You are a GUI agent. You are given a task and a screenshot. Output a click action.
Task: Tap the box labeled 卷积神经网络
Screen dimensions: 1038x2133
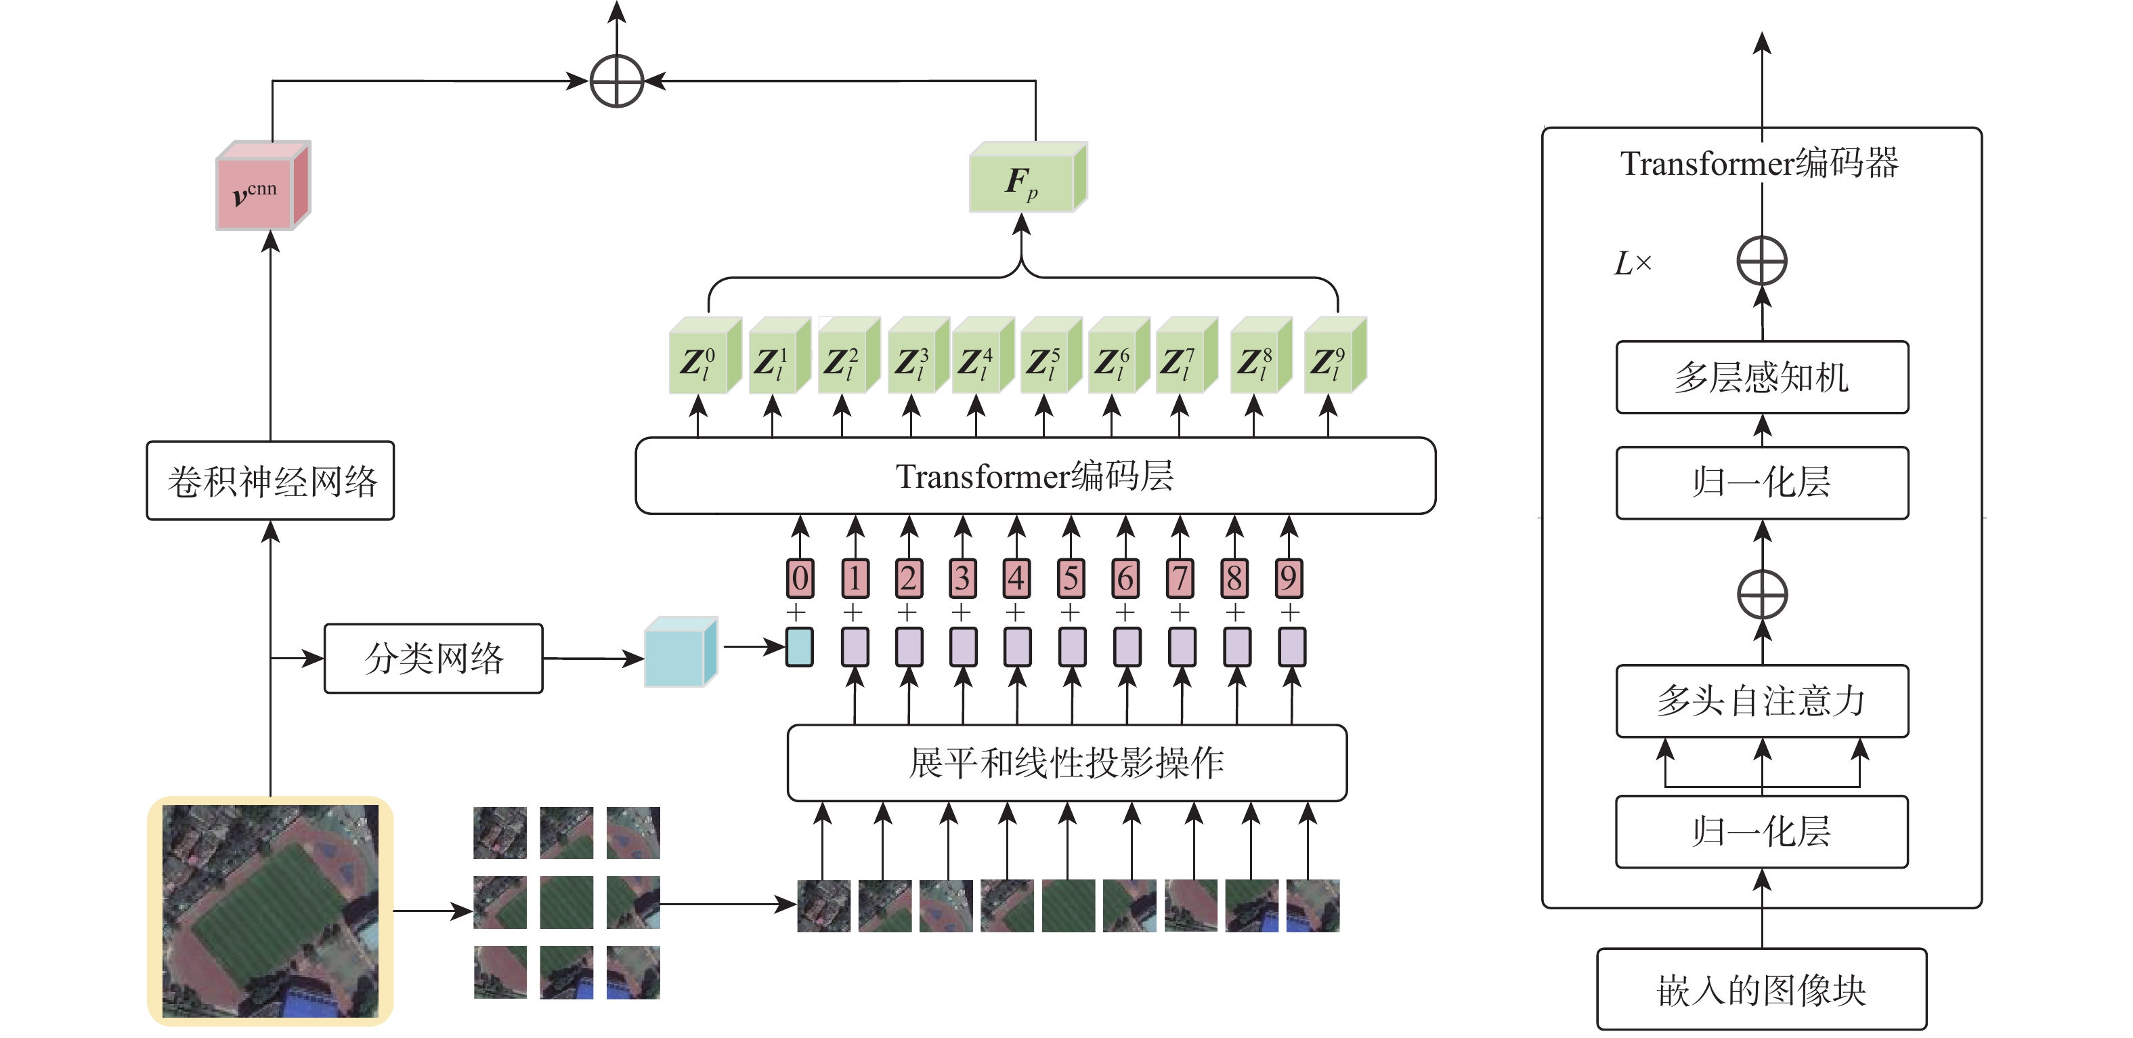pos(270,480)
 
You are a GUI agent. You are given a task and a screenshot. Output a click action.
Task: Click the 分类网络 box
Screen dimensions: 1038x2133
pos(433,659)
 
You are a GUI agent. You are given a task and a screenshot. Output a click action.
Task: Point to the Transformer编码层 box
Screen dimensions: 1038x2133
pos(1035,476)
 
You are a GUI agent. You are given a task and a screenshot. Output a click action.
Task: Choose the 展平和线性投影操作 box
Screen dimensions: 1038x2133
pos(1066,763)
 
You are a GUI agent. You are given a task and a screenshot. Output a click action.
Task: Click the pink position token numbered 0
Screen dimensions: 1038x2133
pos(800,578)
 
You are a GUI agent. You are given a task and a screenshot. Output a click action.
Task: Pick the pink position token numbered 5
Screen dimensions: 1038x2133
pos(1071,578)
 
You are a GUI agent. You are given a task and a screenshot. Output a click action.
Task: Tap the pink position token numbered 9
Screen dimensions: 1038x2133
pos(1289,578)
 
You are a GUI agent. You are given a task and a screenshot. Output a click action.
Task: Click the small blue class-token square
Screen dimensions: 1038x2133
pos(799,647)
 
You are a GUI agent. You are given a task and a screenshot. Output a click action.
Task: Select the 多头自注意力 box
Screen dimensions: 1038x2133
pos(1762,701)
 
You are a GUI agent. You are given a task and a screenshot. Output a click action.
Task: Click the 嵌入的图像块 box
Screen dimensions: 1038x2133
pos(1761,989)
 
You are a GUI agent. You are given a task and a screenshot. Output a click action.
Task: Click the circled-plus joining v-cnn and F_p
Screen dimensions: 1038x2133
pos(617,81)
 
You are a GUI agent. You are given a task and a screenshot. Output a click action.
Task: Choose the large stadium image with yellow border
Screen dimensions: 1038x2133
pos(270,911)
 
